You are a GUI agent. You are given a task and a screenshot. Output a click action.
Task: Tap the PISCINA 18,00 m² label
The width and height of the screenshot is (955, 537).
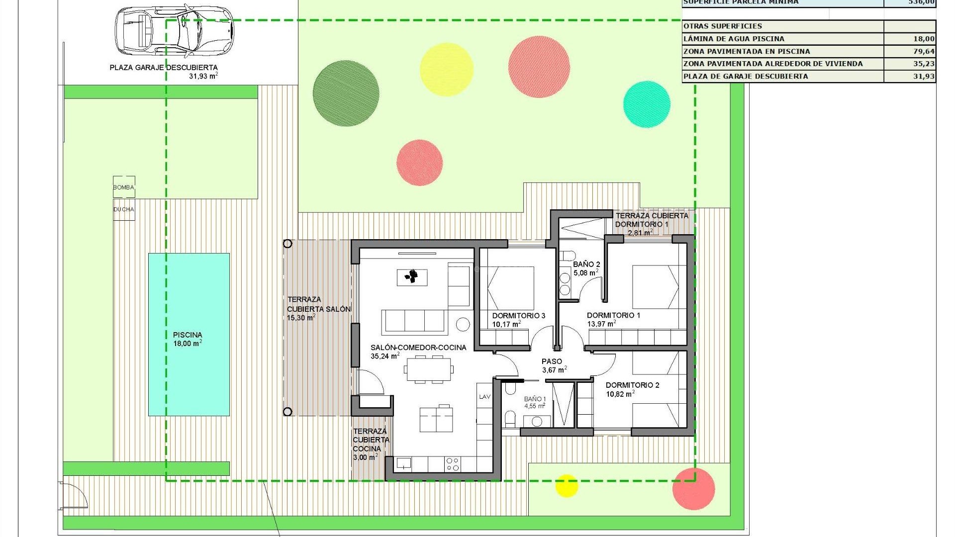click(188, 339)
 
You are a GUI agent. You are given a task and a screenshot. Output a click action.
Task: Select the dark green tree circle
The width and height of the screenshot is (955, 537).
click(346, 93)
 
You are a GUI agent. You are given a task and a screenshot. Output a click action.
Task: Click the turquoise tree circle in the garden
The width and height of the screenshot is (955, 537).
click(647, 104)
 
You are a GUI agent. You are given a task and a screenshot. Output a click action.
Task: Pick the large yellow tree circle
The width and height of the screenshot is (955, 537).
click(446, 69)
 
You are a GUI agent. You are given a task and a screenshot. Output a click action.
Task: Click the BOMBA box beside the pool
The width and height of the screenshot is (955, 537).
click(124, 187)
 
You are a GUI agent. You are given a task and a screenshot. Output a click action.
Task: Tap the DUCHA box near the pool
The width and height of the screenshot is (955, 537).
click(124, 209)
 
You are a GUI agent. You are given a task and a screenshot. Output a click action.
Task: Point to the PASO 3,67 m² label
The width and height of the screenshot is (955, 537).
click(553, 365)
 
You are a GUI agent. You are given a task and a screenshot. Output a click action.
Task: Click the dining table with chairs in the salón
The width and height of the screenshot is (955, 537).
click(428, 369)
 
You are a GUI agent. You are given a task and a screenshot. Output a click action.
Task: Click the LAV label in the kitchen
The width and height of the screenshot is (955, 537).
click(484, 397)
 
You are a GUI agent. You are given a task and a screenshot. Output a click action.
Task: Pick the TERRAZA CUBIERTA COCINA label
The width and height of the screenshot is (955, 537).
click(371, 444)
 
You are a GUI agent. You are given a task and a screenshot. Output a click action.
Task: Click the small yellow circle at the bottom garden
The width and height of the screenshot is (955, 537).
click(566, 486)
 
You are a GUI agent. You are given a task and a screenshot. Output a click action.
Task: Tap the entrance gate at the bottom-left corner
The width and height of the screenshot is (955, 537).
click(75, 495)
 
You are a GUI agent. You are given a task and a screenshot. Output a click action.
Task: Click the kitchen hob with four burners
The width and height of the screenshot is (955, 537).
click(453, 464)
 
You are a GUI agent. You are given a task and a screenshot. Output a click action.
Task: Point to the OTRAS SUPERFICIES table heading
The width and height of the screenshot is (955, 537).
click(723, 26)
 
